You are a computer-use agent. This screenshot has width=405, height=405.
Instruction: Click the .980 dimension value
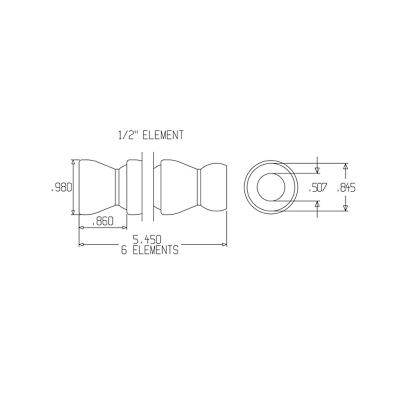click(61, 188)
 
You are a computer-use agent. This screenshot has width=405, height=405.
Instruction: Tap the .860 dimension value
click(102, 222)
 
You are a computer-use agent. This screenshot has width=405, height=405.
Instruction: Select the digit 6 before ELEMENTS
click(124, 250)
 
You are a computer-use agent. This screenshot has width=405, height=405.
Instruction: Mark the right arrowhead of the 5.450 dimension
click(224, 244)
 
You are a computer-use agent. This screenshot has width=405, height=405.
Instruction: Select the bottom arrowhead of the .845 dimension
click(345, 208)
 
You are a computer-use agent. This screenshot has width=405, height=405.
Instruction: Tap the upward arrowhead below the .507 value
click(317, 203)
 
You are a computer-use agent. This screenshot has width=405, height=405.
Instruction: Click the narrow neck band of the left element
click(117, 187)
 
